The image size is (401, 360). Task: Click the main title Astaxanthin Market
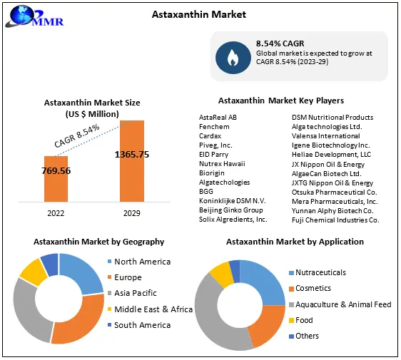point(200,14)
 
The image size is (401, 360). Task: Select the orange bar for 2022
point(56,178)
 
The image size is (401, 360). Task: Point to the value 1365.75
point(132,154)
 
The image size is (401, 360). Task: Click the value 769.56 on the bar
point(56,171)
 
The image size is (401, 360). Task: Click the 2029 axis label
point(132,212)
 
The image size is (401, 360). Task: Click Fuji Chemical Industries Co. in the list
point(335,220)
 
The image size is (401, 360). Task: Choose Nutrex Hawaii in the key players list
point(221,163)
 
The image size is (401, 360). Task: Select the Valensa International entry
point(325,135)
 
